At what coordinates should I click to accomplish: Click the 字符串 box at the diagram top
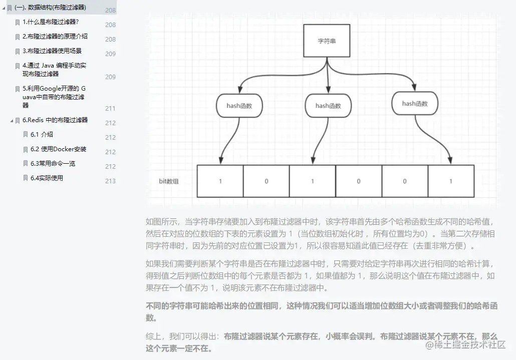coord(327,41)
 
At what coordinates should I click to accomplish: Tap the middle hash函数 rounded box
coord(328,106)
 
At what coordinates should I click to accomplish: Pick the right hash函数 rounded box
coord(415,104)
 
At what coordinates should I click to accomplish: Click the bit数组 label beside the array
coord(168,181)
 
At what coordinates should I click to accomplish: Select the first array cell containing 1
coord(220,181)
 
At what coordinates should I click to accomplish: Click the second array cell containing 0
coord(266,181)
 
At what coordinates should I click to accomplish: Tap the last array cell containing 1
coord(450,181)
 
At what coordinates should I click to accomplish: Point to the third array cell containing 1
coord(312,181)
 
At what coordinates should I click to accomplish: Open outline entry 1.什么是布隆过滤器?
coord(51,22)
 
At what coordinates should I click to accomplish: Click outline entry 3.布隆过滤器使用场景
coord(52,51)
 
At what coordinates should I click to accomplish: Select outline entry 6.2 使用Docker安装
coord(58,149)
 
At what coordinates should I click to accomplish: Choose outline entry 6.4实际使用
coord(47,178)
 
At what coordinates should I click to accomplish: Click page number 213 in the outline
coord(110,181)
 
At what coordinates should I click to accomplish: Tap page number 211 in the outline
coord(110,108)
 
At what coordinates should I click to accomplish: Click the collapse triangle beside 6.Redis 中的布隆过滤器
coord(11,121)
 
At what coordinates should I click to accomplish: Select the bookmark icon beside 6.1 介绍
coord(26,135)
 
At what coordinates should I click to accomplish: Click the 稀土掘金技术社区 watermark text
coord(470,344)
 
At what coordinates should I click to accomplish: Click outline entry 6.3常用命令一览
coord(53,164)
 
